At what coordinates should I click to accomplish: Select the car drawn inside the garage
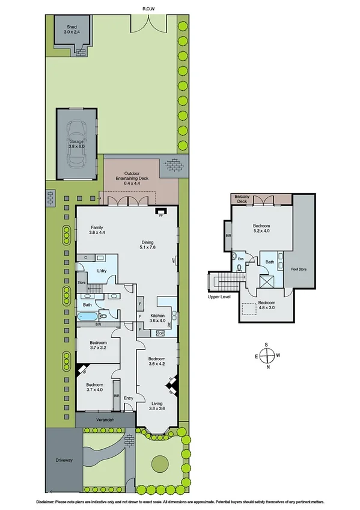pyautogui.click(x=77, y=144)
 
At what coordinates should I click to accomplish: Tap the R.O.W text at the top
pyautogui.click(x=148, y=8)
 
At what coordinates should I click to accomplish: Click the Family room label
pyautogui.click(x=97, y=230)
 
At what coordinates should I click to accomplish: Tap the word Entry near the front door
pyautogui.click(x=128, y=398)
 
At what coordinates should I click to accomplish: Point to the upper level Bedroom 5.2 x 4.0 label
pyautogui.click(x=261, y=227)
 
